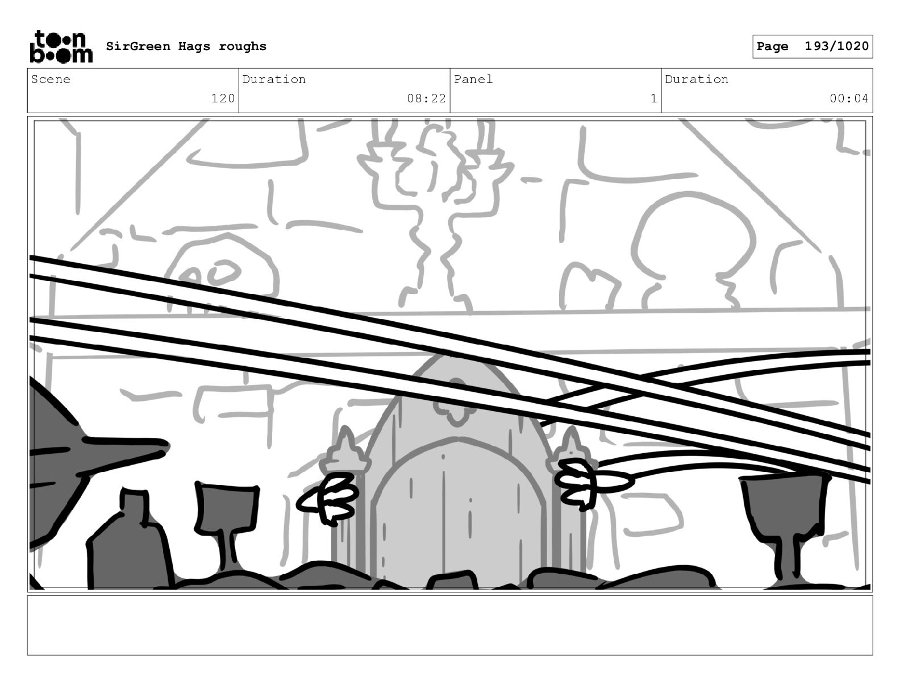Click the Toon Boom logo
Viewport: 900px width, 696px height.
point(61,47)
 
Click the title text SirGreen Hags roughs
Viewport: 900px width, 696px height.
point(186,46)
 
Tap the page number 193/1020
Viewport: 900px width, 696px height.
point(836,46)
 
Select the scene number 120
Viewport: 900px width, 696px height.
point(223,98)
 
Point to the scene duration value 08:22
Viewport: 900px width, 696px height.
point(426,98)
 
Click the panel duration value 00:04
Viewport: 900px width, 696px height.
point(849,98)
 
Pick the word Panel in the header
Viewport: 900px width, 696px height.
point(473,79)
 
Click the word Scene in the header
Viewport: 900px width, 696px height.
point(51,79)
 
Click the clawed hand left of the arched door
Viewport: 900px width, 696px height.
point(328,498)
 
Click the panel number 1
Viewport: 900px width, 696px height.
point(653,98)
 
